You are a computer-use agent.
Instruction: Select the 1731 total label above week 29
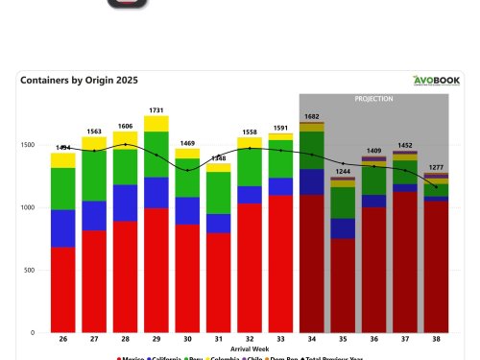point(156,110)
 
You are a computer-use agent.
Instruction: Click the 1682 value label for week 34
point(312,116)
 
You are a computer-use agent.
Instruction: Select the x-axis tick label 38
point(437,339)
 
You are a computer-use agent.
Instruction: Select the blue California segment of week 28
point(125,203)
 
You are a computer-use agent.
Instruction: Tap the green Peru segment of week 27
point(94,176)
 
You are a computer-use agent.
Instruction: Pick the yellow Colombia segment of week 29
point(156,124)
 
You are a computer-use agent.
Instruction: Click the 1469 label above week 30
point(187,142)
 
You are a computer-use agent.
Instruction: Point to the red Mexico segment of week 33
point(280,264)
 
